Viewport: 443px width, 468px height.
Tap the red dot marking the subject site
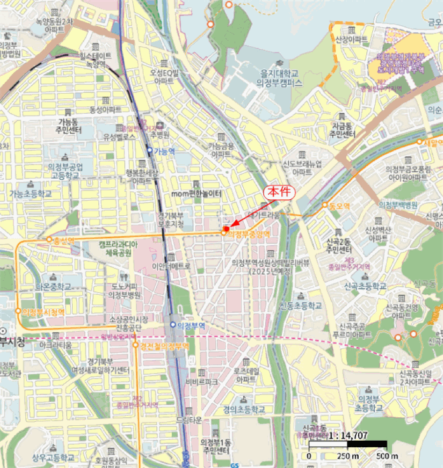pos(226,230)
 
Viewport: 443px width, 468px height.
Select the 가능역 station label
pos(164,151)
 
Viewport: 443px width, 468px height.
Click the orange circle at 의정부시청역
pos(18,312)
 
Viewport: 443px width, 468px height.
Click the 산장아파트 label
pos(351,40)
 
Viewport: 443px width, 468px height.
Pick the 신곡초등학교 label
pos(365,285)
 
